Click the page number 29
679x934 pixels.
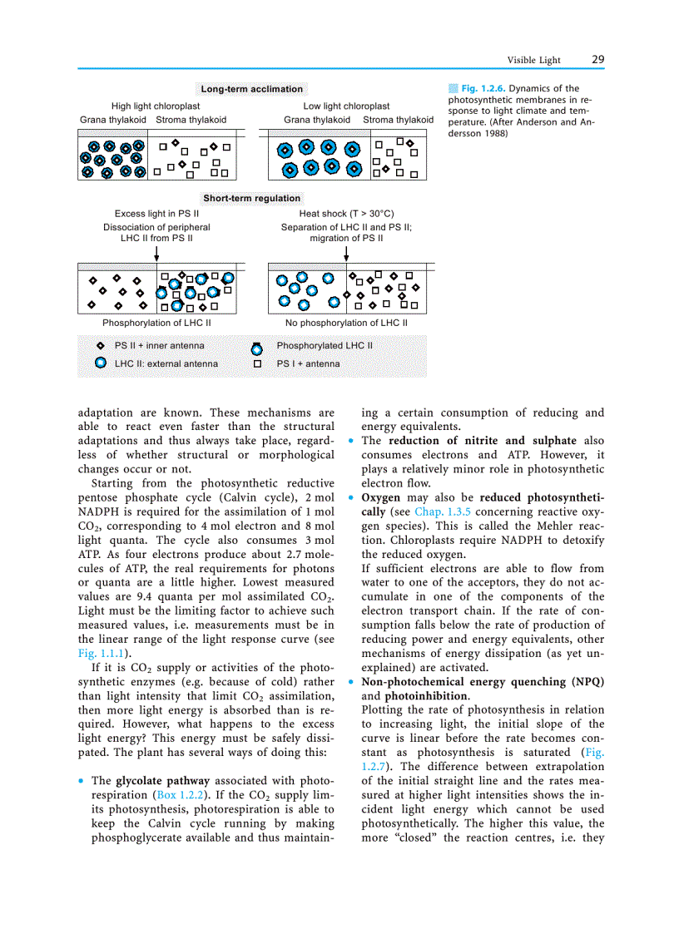pyautogui.click(x=597, y=59)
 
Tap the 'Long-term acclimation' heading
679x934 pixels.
pyautogui.click(x=252, y=89)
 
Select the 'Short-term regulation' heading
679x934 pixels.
pyautogui.click(x=252, y=198)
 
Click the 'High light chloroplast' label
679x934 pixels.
pyautogui.click(x=156, y=106)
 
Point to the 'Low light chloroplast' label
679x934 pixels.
pyautogui.click(x=346, y=106)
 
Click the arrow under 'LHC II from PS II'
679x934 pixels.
pyautogui.click(x=157, y=253)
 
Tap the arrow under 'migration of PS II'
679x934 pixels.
pyautogui.click(x=347, y=253)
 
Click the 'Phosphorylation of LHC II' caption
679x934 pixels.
pyautogui.click(x=156, y=323)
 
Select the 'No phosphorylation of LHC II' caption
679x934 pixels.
pyautogui.click(x=346, y=323)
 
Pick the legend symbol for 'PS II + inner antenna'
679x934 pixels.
pyautogui.click(x=101, y=346)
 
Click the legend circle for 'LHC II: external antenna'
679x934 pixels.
pyautogui.click(x=101, y=363)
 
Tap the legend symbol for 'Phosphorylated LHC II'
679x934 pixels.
pyautogui.click(x=257, y=347)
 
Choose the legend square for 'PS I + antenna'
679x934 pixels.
pyautogui.click(x=257, y=364)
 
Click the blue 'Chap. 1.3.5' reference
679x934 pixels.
pyautogui.click(x=442, y=511)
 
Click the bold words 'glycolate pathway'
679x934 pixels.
pyautogui.click(x=163, y=781)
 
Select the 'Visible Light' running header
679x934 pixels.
pyautogui.click(x=534, y=60)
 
